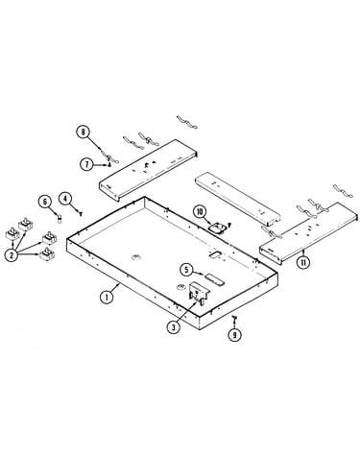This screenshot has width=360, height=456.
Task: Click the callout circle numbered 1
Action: (107, 298)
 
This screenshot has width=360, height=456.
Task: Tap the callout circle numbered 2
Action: (12, 255)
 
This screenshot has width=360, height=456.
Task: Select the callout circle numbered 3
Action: (174, 327)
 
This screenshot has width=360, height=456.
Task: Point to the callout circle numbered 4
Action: (65, 199)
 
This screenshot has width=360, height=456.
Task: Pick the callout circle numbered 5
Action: (186, 270)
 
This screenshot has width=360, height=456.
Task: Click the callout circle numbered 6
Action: (44, 202)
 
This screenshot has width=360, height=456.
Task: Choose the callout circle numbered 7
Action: (86, 164)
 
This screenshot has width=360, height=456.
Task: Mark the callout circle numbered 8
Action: (84, 132)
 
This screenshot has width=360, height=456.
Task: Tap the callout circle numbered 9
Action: (234, 335)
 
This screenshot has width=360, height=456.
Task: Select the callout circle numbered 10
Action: (200, 212)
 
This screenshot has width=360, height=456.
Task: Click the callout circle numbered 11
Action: (302, 262)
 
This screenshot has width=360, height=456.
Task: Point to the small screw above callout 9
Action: (234, 317)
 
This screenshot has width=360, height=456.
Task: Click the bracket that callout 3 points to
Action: (199, 291)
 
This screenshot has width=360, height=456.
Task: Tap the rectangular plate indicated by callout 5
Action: (215, 279)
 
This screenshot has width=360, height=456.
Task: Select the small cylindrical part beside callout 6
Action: (60, 219)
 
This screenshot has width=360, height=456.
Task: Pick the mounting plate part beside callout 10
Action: (218, 228)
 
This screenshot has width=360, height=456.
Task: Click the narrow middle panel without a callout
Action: (238, 198)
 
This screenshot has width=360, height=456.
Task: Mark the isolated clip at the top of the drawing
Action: (187, 122)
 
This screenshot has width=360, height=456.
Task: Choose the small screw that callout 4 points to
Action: (81, 212)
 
